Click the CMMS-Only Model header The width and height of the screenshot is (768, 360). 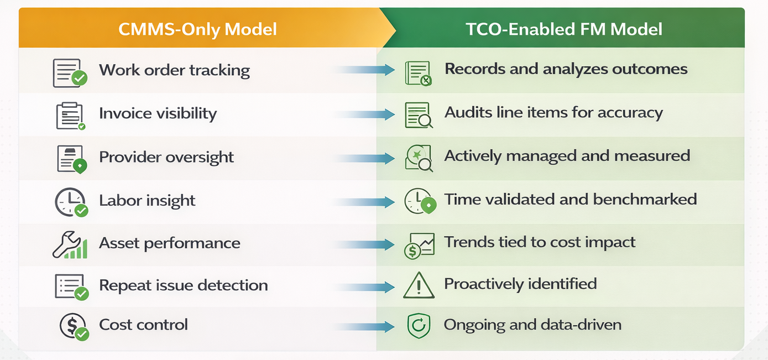pyautogui.click(x=197, y=29)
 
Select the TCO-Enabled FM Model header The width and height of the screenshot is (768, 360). pyautogui.click(x=564, y=29)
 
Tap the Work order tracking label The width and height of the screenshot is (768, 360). pyautogui.click(x=174, y=71)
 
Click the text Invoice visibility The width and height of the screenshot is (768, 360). pyautogui.click(x=158, y=113)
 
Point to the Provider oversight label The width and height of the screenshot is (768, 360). pyautogui.click(x=166, y=157)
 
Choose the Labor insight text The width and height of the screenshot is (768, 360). pyautogui.click(x=147, y=200)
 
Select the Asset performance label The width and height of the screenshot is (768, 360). pyautogui.click(x=169, y=243)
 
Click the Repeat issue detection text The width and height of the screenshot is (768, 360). pyautogui.click(x=183, y=285)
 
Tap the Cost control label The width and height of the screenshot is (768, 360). pyautogui.click(x=143, y=325)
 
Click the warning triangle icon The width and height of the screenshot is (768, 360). pyautogui.click(x=419, y=285)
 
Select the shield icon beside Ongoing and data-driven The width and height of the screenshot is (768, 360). pyautogui.click(x=418, y=326)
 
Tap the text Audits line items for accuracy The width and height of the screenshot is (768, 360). pyautogui.click(x=553, y=113)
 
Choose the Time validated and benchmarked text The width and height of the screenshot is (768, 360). pyautogui.click(x=570, y=199)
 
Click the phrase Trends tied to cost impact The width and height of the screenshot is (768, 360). pyautogui.click(x=540, y=242)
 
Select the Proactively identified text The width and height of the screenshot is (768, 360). pyautogui.click(x=520, y=284)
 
